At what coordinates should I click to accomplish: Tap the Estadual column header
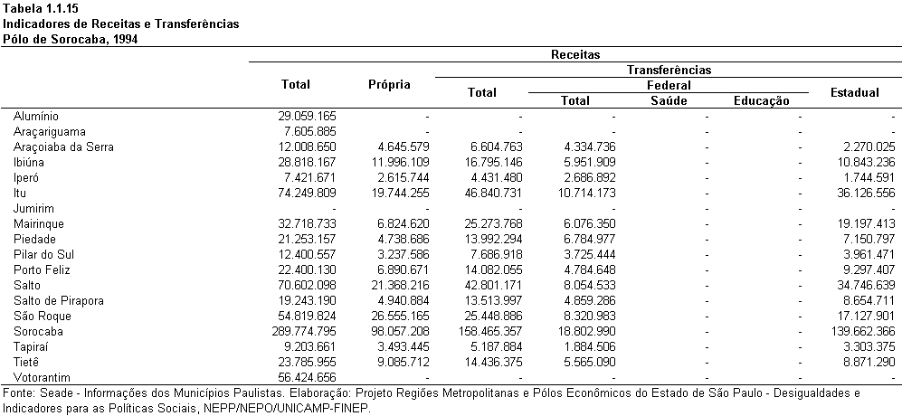855,92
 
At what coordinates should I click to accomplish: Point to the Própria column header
389,85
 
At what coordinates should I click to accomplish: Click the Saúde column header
669,100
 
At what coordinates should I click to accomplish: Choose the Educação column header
762,101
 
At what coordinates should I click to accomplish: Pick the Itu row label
20,194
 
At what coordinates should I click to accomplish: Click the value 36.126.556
866,194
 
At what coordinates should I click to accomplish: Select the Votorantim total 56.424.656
306,378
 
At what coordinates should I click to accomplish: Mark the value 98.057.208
399,332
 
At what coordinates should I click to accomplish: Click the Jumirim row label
34,209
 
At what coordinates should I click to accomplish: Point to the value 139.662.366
863,332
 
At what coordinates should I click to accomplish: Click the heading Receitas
575,54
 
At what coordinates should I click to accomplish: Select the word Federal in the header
669,86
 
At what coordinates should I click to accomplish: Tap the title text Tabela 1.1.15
33,9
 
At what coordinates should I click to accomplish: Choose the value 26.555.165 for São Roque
399,317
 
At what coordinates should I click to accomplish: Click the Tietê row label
26,363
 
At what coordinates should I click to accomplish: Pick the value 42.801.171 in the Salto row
492,286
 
